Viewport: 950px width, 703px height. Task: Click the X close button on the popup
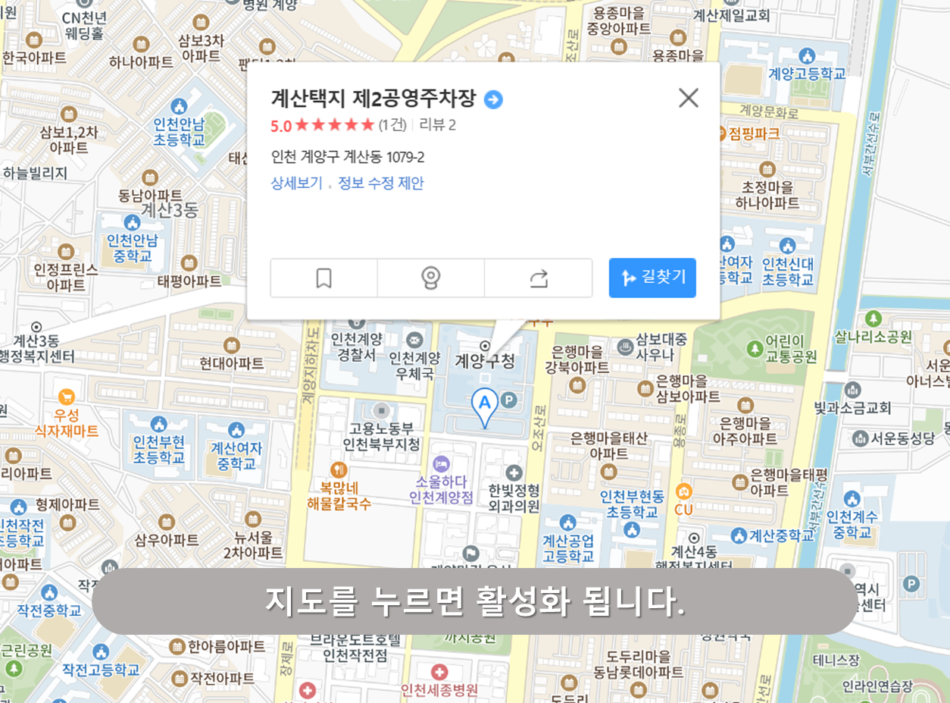[688, 98]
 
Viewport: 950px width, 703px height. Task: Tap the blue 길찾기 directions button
[652, 278]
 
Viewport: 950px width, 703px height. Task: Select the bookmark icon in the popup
[323, 278]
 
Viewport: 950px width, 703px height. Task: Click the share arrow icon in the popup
[539, 278]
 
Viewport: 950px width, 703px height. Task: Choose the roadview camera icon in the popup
[431, 278]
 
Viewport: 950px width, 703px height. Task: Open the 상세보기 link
[296, 183]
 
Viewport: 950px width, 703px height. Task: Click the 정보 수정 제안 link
[381, 183]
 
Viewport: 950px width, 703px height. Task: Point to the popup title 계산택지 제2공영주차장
[373, 99]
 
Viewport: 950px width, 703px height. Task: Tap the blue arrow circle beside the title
[493, 99]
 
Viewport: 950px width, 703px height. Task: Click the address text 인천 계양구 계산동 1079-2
[348, 157]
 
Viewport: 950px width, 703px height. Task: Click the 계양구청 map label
[485, 360]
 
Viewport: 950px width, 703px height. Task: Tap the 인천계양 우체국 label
[414, 365]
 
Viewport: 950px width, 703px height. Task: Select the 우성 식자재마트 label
[67, 422]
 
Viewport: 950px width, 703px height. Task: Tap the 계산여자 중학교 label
[236, 455]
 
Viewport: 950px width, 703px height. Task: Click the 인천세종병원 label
[439, 689]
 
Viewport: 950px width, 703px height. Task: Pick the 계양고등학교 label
[807, 74]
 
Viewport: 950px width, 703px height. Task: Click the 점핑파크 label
[754, 133]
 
